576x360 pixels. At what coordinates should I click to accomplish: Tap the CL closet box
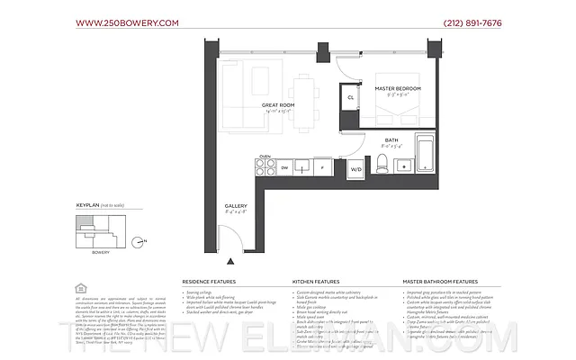(x=349, y=97)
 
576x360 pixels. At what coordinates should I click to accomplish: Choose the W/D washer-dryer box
(x=355, y=168)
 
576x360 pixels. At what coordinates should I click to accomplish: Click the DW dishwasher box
(x=285, y=168)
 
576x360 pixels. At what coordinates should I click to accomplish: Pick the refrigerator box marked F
(x=321, y=168)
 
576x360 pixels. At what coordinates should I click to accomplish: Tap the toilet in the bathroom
(x=381, y=164)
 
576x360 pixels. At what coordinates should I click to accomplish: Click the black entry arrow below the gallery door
(x=232, y=262)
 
